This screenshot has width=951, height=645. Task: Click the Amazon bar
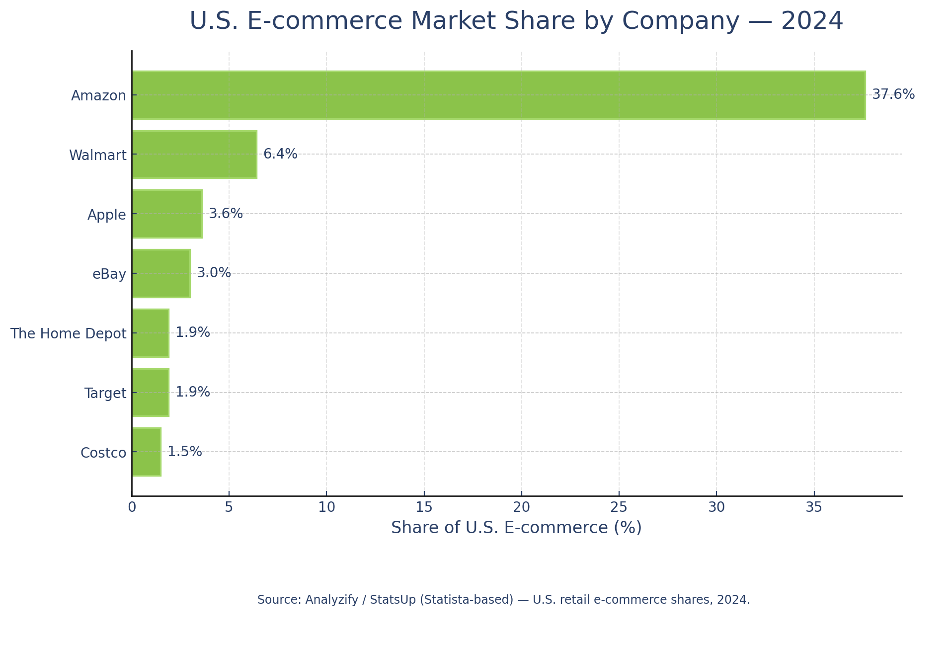coord(498,95)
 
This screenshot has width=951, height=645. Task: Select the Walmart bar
coord(194,155)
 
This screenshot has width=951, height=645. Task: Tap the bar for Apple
coord(167,214)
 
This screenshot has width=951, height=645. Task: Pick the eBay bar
coord(161,273)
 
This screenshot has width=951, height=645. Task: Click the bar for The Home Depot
coord(151,333)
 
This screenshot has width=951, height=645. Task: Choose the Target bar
coord(151,393)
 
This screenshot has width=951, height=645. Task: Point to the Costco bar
coord(147,452)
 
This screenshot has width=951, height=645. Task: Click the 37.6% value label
coord(893,94)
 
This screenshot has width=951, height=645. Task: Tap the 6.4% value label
coord(280,154)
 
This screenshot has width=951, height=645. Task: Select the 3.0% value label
coord(214,273)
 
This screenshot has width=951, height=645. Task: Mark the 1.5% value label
coord(184,452)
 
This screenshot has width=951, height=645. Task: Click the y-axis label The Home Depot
coord(69,333)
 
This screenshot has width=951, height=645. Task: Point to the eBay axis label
coord(109,274)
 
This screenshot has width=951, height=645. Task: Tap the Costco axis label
coord(103,453)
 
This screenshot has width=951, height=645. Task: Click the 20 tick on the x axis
coord(521,507)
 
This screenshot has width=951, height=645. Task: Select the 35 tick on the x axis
coord(814,507)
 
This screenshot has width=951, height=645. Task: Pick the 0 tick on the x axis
coord(132,507)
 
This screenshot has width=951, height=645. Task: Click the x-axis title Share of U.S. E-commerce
coord(516,528)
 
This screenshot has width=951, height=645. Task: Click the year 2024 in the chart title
coord(812,21)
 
